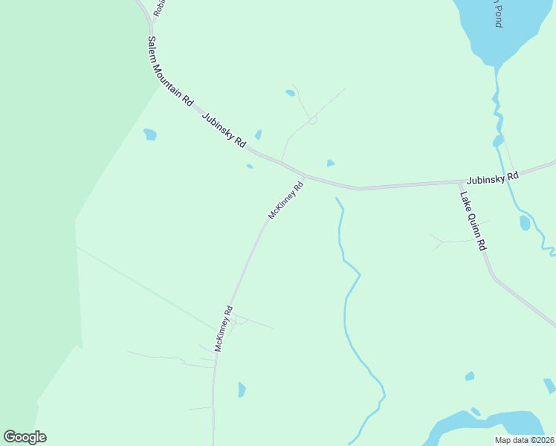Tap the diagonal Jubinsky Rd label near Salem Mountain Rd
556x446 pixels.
coord(224,129)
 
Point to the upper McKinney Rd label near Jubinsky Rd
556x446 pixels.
coord(286,200)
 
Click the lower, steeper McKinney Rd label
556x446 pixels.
coord(224,328)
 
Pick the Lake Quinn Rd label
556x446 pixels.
coord(473,222)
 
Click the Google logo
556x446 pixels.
coord(25,437)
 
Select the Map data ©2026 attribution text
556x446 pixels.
coord(524,440)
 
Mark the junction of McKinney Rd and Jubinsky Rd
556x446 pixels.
coord(306,176)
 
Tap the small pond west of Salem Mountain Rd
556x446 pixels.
coord(150,135)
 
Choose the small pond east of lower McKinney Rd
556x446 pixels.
coord(242,390)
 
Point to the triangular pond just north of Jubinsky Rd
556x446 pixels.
coord(330,163)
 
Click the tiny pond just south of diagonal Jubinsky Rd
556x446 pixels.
coord(250,167)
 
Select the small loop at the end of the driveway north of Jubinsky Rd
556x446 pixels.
coord(313,120)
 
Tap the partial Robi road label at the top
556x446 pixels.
coord(158,7)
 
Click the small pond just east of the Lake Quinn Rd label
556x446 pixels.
coord(525,222)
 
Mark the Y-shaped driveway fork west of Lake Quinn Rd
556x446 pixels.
coord(443,242)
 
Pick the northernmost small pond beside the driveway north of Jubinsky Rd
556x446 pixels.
coord(290,93)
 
